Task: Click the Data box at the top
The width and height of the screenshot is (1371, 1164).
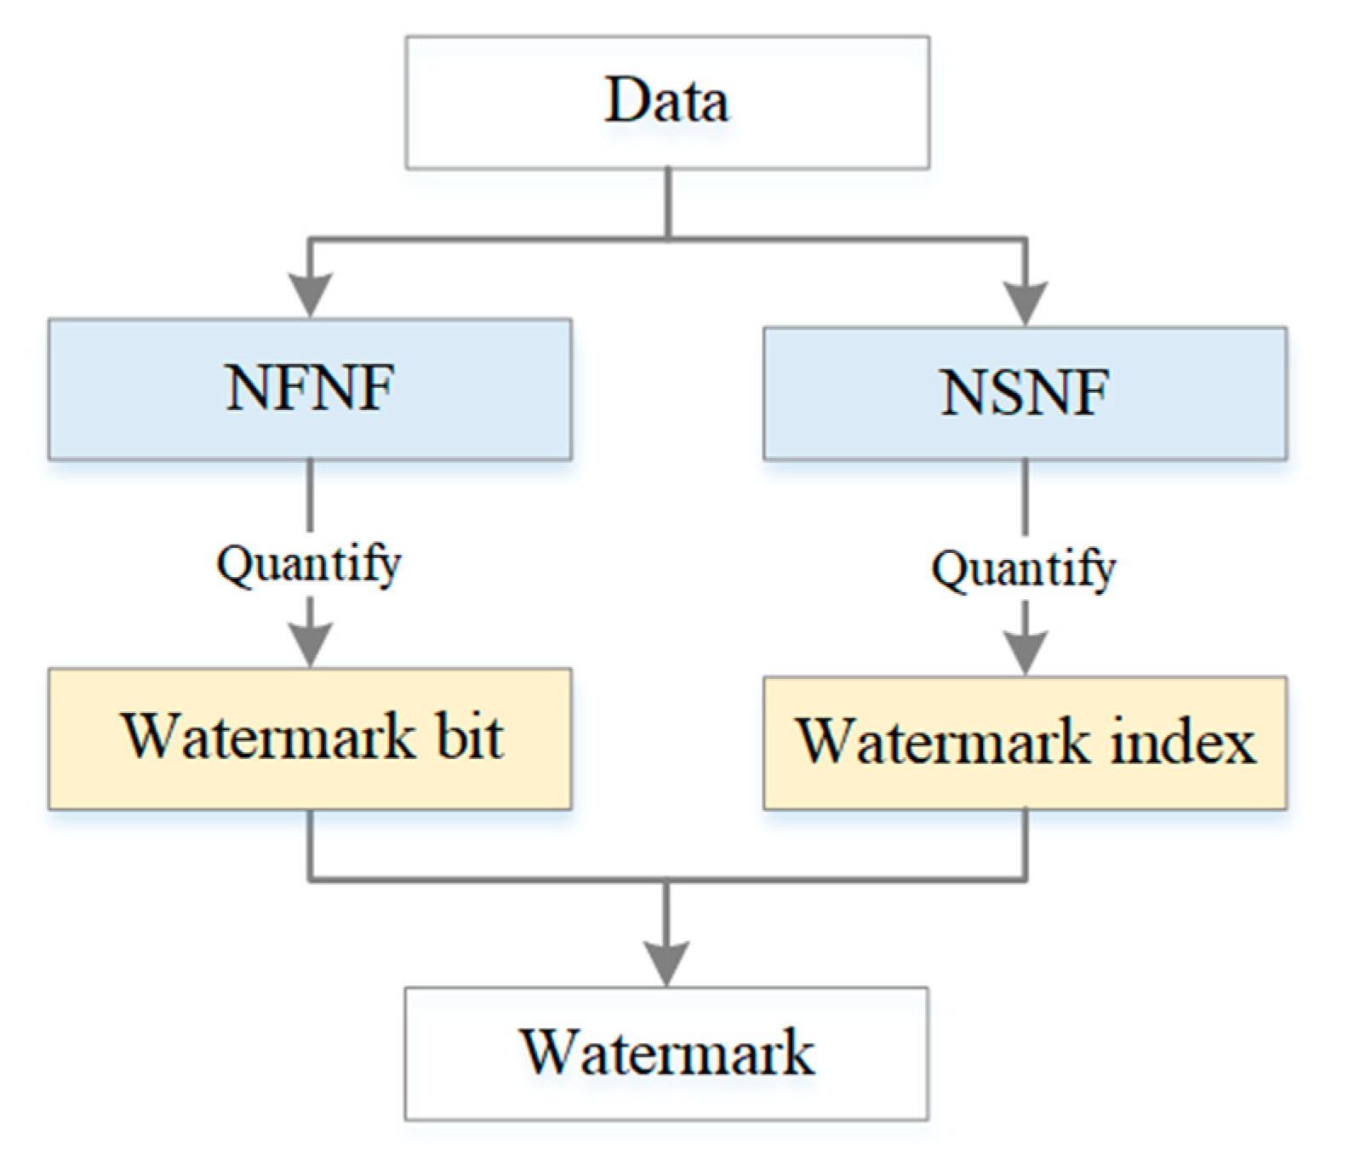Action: (x=667, y=102)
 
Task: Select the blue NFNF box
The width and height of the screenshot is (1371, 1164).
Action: (x=310, y=389)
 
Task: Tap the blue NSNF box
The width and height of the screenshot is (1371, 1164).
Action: (x=1025, y=393)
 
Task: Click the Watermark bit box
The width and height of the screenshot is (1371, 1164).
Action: (x=310, y=738)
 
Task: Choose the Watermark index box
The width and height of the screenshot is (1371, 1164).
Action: (x=1025, y=742)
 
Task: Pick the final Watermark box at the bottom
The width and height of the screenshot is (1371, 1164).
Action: (x=666, y=1053)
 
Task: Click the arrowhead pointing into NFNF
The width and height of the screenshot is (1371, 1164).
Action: (x=311, y=295)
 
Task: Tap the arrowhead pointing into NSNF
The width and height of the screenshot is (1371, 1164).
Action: (x=1025, y=302)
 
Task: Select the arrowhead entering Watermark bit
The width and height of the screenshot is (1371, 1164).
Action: (x=311, y=645)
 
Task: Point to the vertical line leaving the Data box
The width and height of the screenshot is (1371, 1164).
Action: (x=668, y=203)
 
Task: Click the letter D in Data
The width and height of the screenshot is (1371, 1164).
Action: (x=626, y=100)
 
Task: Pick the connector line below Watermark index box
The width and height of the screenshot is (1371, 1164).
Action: (x=1025, y=844)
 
